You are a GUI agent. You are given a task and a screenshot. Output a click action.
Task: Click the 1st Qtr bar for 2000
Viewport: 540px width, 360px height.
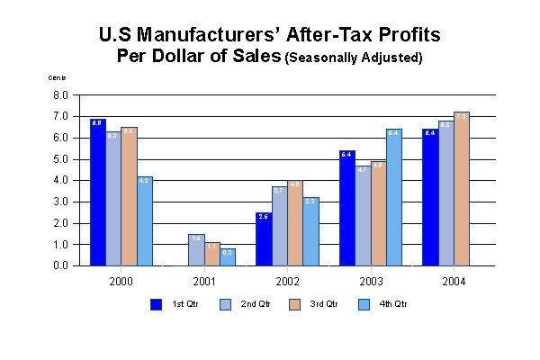pyautogui.click(x=97, y=193)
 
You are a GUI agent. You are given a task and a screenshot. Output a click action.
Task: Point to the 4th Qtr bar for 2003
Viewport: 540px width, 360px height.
pyautogui.click(x=392, y=198)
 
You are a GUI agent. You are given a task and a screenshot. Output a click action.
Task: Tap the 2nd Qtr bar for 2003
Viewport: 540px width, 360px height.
pyautogui.click(x=362, y=216)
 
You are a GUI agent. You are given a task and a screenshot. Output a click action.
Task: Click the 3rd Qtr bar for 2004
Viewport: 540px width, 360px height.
pyautogui.click(x=461, y=189)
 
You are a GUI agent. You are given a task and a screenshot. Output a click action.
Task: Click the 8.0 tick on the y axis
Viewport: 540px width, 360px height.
pyautogui.click(x=61, y=94)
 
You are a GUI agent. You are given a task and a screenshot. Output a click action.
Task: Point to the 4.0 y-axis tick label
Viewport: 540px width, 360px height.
pyautogui.click(x=61, y=180)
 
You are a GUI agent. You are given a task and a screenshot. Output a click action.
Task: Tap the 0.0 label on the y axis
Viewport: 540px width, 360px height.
pyautogui.click(x=61, y=266)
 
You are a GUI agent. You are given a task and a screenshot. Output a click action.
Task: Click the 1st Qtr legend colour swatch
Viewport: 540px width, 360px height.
pyautogui.click(x=156, y=303)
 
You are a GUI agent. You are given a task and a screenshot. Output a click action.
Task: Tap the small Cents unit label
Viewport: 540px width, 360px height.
pyautogui.click(x=56, y=78)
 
